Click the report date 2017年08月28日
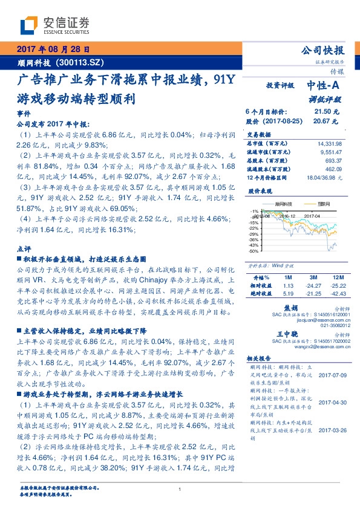click(53, 50)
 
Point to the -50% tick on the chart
click(254, 251)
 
